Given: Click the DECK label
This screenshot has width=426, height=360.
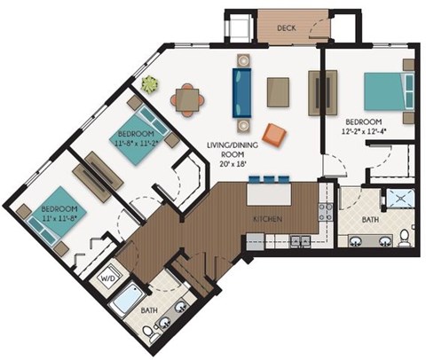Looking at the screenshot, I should click(x=285, y=27).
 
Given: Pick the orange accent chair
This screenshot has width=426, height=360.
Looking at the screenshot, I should click(x=275, y=134).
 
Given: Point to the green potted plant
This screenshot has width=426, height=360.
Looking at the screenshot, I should click(x=149, y=83).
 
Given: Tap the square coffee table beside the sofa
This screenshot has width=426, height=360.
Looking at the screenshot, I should click(x=278, y=91).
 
